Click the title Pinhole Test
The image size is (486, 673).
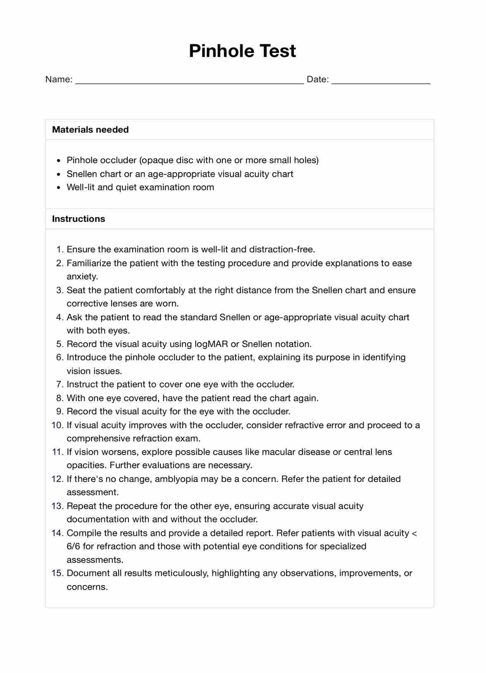(242, 51)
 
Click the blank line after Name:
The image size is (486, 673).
(189, 80)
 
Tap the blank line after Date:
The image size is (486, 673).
(381, 80)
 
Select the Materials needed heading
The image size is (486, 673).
(90, 130)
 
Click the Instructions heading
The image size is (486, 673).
(79, 219)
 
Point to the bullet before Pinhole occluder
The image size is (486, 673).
(59, 161)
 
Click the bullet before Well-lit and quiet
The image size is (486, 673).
(59, 188)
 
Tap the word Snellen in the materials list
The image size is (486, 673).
(82, 174)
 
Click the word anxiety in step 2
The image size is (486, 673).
(82, 276)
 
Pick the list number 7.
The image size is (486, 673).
(59, 384)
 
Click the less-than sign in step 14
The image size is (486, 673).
(415, 533)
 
